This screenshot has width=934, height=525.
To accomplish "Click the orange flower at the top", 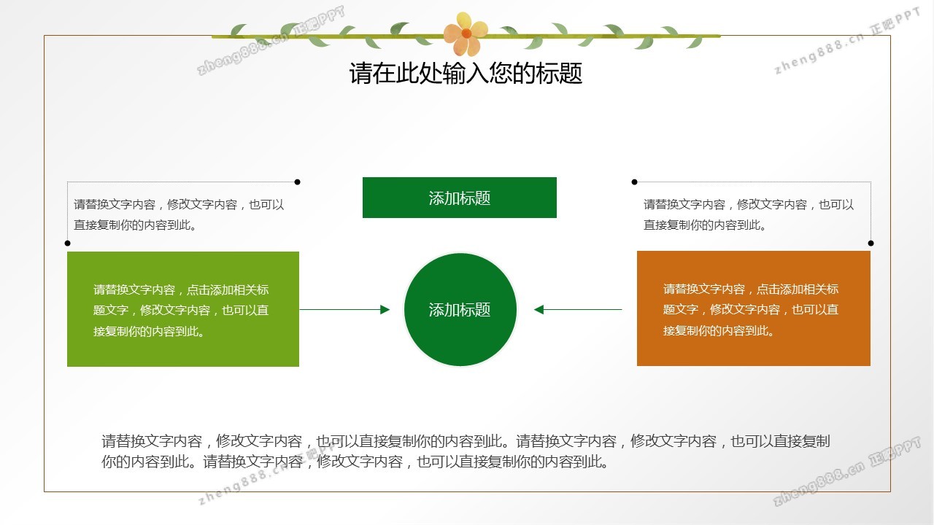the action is point(466,34).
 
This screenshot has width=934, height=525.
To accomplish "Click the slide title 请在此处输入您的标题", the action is point(466,74).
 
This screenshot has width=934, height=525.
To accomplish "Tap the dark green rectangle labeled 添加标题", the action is point(460,198).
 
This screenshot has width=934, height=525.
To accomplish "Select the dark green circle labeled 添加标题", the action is point(460,310).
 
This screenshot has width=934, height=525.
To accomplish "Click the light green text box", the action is point(183,309).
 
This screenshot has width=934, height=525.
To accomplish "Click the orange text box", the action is point(754,308).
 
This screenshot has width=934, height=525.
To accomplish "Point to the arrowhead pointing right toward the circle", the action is point(385,310).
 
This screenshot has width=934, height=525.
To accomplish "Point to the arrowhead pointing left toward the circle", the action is point(539,310).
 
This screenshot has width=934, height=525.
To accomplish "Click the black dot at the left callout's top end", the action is point(297,182).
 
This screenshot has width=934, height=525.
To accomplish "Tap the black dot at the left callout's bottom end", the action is point(68,244).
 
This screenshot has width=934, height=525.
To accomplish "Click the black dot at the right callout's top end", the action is point(635,182).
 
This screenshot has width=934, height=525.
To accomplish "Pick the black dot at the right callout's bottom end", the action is point(871,244).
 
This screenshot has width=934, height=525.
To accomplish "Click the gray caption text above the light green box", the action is point(179,214).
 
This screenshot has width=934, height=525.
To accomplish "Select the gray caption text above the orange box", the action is point(749,214).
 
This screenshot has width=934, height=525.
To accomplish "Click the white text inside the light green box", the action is point(181,311).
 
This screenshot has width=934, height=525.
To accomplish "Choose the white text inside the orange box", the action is point(751,310).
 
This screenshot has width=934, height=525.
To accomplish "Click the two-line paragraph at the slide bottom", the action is point(466,451).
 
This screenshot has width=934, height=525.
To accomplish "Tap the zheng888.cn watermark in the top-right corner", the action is point(847,40).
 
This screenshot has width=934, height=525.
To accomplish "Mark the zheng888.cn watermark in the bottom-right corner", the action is point(846,471).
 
